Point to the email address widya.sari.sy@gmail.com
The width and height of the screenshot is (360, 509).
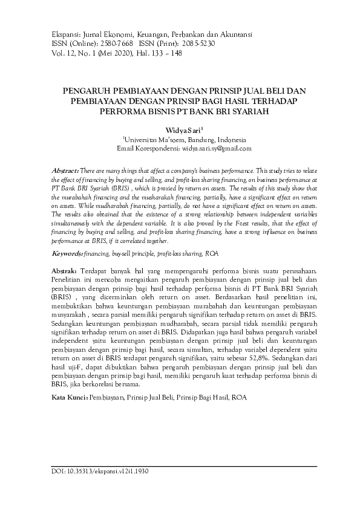click(215, 148)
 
